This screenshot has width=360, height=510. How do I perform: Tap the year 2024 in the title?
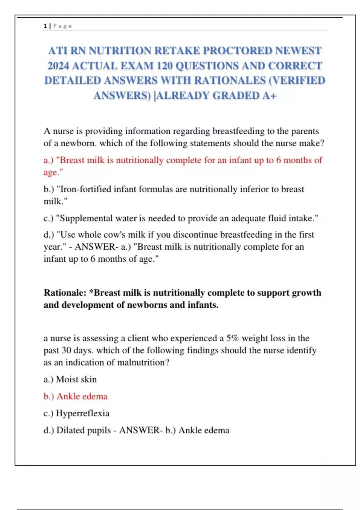(x=58, y=66)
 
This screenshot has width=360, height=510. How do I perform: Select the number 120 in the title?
(x=164, y=66)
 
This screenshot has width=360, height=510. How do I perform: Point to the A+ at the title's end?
(x=269, y=96)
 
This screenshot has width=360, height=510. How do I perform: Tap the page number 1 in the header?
(x=45, y=26)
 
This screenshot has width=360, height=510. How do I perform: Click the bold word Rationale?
(x=65, y=292)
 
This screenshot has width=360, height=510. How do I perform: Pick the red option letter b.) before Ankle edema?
(x=49, y=396)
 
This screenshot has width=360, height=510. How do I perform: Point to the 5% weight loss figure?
(x=232, y=338)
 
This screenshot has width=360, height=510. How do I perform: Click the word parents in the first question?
(x=305, y=131)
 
